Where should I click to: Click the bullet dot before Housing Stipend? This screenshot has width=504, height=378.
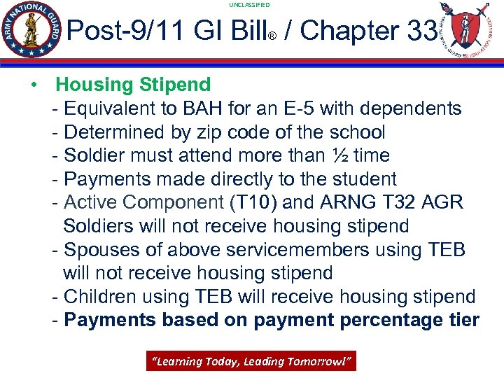pyautogui.click(x=33, y=85)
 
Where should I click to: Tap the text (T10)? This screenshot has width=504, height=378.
pyautogui.click(x=253, y=203)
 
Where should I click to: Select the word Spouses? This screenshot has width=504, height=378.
pyautogui.click(x=99, y=250)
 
